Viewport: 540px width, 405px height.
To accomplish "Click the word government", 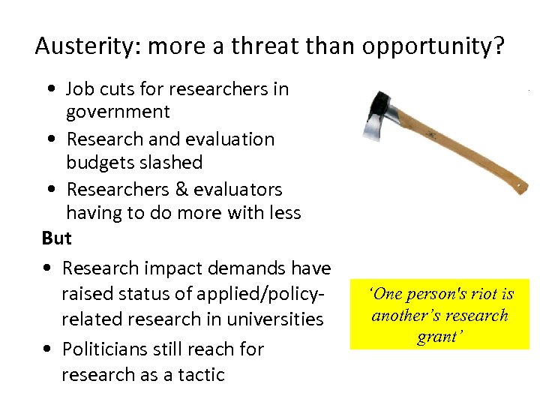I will click(118, 112).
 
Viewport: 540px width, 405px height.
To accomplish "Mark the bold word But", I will click(57, 238).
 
